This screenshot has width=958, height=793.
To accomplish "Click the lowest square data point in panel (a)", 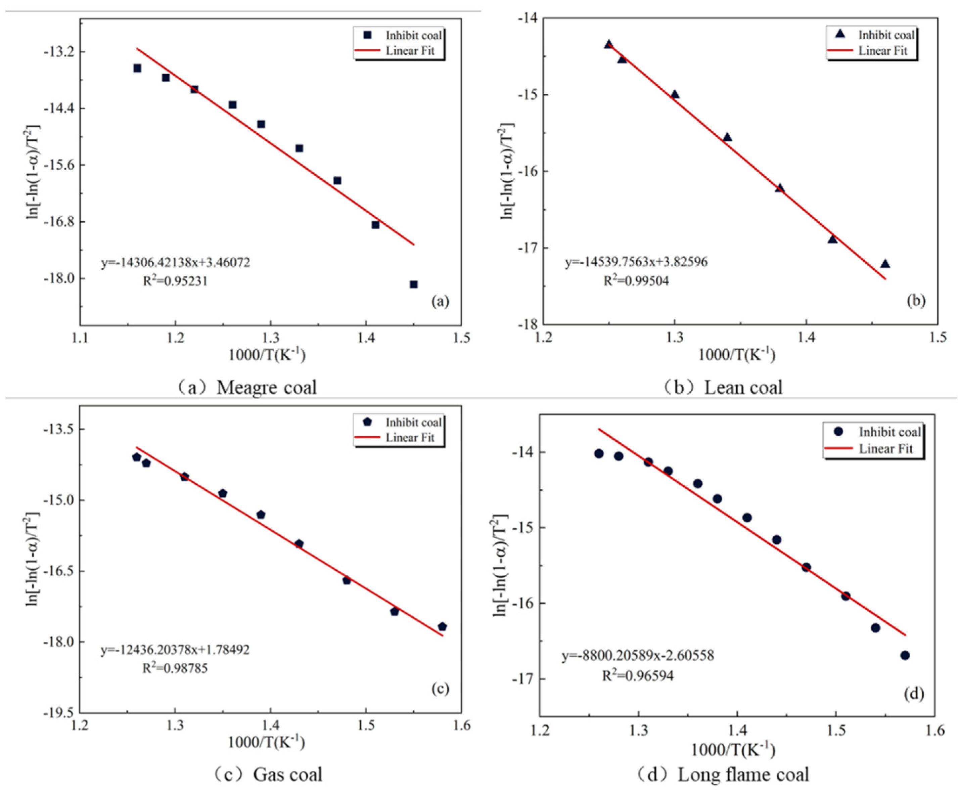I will [x=413, y=284].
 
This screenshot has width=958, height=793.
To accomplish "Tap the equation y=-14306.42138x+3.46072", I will [x=175, y=262].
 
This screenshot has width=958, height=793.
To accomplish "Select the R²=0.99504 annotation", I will [x=636, y=280].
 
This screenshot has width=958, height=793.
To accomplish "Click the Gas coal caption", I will [x=287, y=774].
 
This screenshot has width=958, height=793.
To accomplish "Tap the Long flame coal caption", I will [x=743, y=774].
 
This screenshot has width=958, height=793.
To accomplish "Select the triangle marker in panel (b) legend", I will [x=840, y=35].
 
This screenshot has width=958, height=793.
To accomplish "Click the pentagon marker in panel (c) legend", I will [x=367, y=422].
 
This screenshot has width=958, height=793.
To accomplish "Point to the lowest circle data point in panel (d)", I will [x=905, y=655].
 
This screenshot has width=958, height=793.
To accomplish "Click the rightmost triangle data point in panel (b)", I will [x=885, y=264].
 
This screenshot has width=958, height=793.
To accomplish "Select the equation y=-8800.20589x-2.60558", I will [x=637, y=656].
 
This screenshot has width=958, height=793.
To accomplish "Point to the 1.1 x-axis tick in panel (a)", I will [x=80, y=338].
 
